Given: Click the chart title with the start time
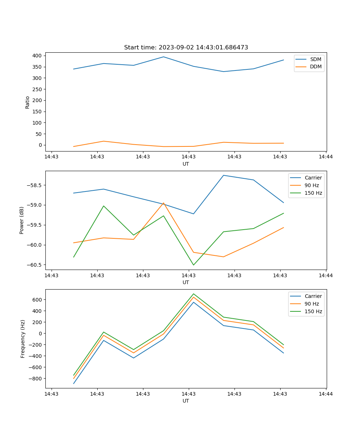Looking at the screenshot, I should [186, 48].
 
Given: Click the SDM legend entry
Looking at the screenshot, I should [315, 59].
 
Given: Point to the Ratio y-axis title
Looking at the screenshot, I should [28, 102].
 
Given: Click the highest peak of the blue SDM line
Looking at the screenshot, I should [163, 57].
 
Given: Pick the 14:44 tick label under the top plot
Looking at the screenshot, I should [326, 157].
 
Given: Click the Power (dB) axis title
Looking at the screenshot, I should [22, 220].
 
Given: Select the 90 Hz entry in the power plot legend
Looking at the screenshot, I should [312, 185].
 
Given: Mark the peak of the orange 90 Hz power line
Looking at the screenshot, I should [163, 203].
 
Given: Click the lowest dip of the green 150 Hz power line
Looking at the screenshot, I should [193, 265].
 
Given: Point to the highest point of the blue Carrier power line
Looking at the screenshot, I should [223, 175].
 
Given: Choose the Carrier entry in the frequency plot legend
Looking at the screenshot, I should [313, 296].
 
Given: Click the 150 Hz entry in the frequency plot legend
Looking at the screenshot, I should [313, 311].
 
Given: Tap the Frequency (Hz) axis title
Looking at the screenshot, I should [23, 339].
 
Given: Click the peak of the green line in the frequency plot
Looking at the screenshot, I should [193, 294].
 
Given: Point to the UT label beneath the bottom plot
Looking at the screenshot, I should [186, 401].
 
